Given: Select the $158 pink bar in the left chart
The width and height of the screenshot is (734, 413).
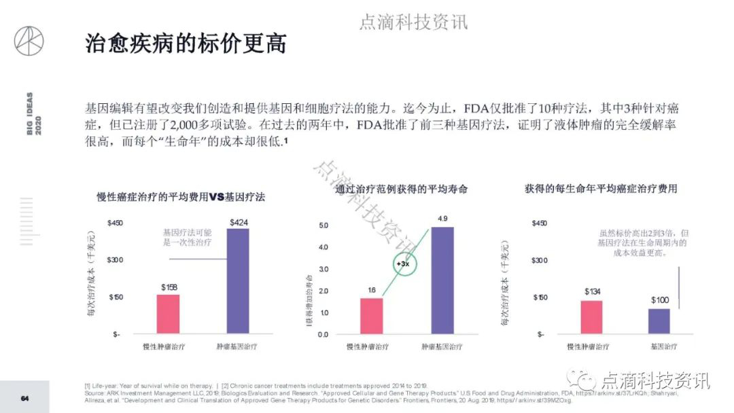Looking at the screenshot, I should (x=169, y=314).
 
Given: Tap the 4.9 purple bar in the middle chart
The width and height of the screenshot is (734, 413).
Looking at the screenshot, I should (x=442, y=280).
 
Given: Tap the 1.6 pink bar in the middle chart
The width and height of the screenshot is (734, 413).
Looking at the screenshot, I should (x=372, y=316).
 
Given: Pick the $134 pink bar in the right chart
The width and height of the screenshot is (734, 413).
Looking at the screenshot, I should (x=591, y=317).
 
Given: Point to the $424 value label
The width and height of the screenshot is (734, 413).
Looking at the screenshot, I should (x=239, y=222).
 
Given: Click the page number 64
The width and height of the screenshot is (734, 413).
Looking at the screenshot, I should (x=24, y=398).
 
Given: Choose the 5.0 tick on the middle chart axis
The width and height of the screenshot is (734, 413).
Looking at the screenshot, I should (x=323, y=225).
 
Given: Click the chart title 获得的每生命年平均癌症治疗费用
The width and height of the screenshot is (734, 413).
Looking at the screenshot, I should (x=601, y=188).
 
